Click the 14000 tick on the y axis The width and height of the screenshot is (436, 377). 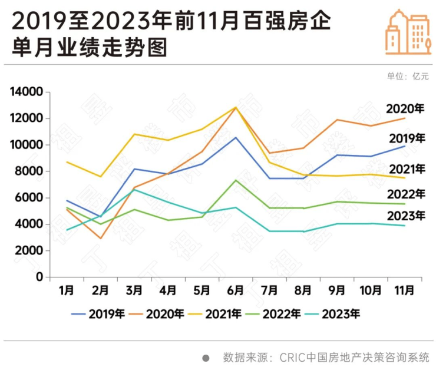(27, 92)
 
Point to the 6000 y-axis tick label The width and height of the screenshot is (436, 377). (29, 198)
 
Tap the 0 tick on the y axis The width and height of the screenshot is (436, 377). (39, 277)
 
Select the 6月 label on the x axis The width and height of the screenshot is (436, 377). (236, 290)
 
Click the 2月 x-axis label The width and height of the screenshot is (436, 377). (101, 290)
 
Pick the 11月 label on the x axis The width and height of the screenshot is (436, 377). (404, 290)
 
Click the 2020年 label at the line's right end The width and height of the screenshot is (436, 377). (405, 109)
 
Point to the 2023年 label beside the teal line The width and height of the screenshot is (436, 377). (406, 216)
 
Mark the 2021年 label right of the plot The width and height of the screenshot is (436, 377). (406, 169)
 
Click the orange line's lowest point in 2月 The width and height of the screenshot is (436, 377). (101, 238)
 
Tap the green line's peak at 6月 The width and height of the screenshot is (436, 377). (236, 180)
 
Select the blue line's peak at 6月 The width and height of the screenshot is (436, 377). (236, 137)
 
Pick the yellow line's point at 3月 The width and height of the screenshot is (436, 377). (134, 134)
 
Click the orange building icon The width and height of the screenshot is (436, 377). (408, 32)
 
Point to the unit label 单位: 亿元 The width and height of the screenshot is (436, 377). (408, 76)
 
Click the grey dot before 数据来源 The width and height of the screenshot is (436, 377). (206, 358)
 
